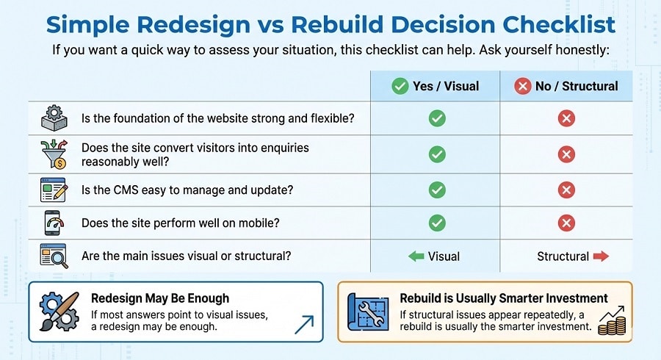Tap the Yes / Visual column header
436,86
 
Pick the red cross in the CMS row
566,190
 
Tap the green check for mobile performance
437,223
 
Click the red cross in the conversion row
566,154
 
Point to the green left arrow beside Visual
416,256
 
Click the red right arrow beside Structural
601,256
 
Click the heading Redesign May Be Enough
160,298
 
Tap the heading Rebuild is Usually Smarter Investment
504,298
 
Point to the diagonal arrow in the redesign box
303,324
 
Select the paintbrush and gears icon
59,312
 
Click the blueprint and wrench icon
369,312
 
